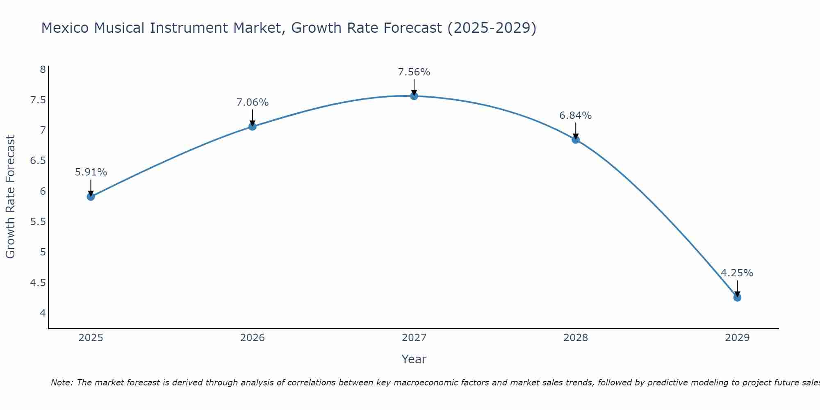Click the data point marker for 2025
pos(91,196)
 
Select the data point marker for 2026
pos(252,126)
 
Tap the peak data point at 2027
pos(414,96)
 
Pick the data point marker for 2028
pos(575,139)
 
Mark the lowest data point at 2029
pos(737,297)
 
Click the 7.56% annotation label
pos(414,72)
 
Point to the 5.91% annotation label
pos(91,172)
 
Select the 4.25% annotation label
pos(737,273)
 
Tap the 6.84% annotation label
pos(575,116)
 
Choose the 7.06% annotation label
pos(252,102)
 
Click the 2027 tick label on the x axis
pos(414,338)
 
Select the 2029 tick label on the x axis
pos(737,338)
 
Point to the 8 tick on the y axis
pos(43,69)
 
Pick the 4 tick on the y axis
pos(43,313)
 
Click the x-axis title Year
pos(414,359)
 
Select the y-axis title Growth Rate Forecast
pos(10,196)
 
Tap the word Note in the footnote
pos(61,383)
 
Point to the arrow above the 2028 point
pos(575,130)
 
